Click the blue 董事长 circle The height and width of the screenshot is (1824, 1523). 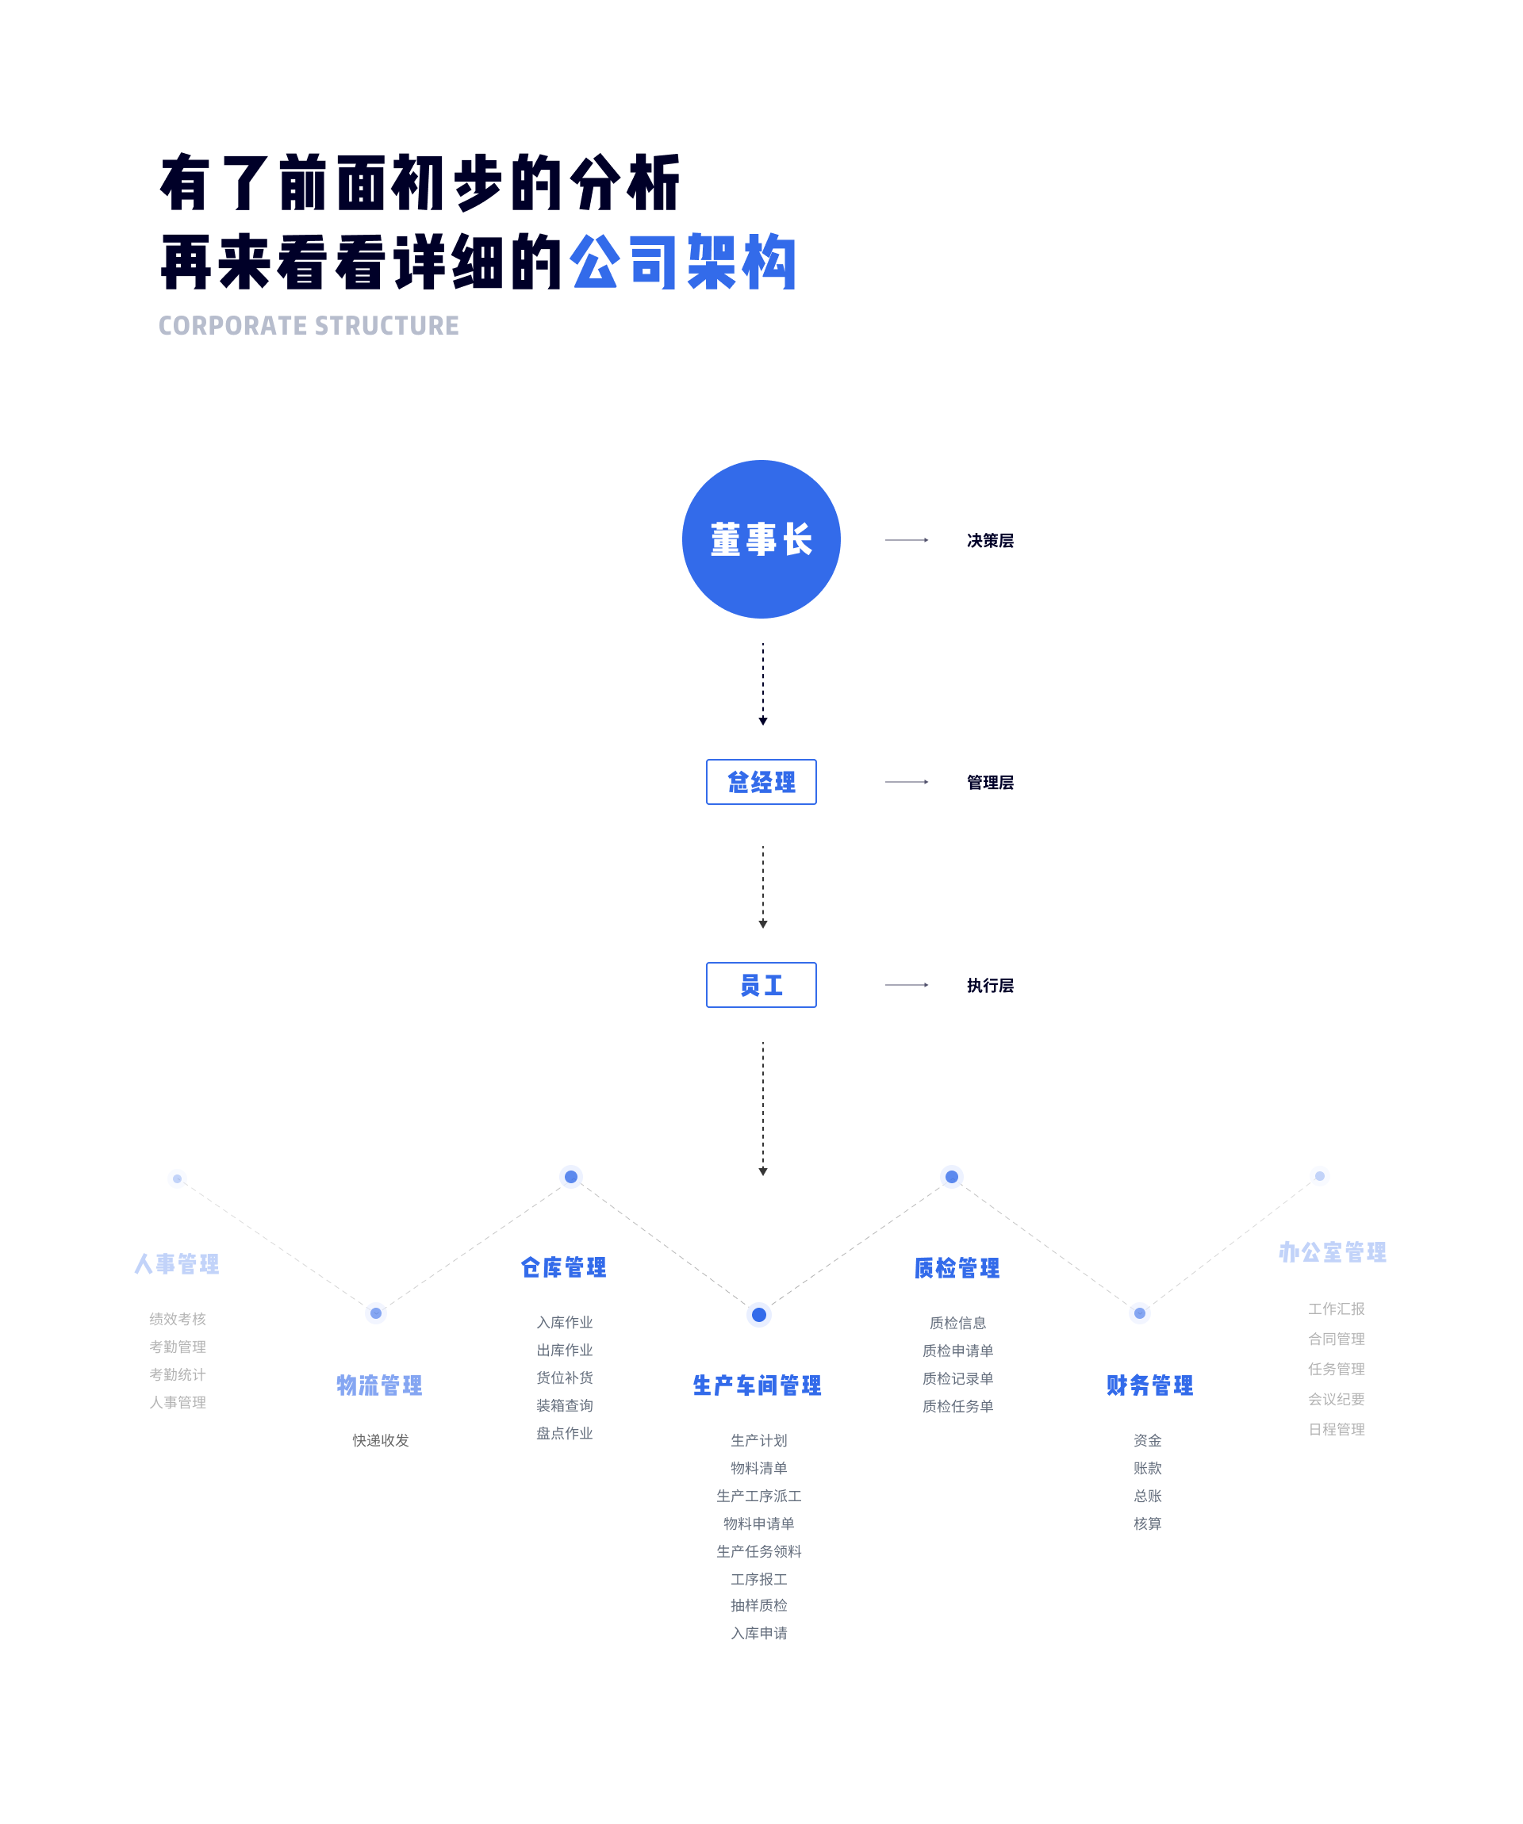[761, 539]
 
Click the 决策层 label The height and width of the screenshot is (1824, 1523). [991, 540]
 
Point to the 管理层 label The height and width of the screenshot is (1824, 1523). [991, 783]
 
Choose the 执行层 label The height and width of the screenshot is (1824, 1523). [991, 986]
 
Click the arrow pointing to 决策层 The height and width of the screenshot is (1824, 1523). [907, 540]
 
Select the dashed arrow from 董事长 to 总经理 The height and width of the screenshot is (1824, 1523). [763, 684]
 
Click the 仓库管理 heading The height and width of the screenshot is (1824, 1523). [564, 1267]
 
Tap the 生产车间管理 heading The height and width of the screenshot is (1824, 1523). [758, 1385]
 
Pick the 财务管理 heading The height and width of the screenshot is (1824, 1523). [1149, 1385]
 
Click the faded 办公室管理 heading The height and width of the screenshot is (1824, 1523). [1333, 1251]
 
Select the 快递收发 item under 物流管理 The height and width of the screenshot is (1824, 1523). [381, 1440]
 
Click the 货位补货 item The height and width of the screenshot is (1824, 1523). [565, 1378]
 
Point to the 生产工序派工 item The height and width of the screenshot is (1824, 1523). [759, 1496]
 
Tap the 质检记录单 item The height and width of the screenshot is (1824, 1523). [957, 1378]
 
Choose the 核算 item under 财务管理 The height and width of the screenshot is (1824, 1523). [1148, 1523]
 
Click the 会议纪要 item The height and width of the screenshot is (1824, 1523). [1337, 1399]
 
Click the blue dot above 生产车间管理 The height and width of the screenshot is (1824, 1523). [758, 1315]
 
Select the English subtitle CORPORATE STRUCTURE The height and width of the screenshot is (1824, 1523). [309, 326]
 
